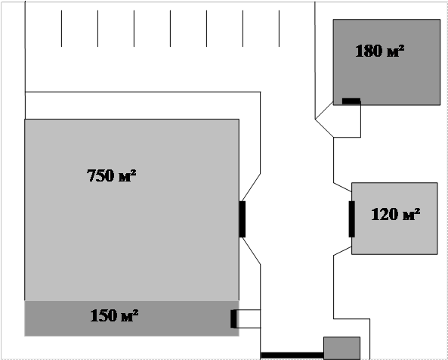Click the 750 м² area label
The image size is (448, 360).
click(x=111, y=175)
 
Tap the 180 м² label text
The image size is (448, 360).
click(x=380, y=51)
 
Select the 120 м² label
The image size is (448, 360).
click(x=396, y=214)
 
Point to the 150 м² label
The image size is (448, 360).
click(x=114, y=315)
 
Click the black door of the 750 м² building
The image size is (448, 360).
click(x=242, y=219)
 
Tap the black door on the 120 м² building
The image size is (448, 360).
click(x=352, y=219)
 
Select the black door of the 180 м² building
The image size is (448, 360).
click(x=351, y=101)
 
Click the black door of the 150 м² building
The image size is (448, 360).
click(x=233, y=319)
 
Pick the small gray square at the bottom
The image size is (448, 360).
click(x=341, y=348)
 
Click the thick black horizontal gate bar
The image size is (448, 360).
click(x=292, y=355)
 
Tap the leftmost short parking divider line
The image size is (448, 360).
click(x=61, y=28)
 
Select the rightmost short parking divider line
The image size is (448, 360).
click(x=279, y=28)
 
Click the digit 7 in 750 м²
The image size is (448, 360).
click(x=91, y=175)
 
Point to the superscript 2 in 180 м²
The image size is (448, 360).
click(x=402, y=47)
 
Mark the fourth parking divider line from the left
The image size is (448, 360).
click(x=170, y=28)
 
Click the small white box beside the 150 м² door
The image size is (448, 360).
click(x=249, y=319)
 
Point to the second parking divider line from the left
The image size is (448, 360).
click(x=97, y=28)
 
